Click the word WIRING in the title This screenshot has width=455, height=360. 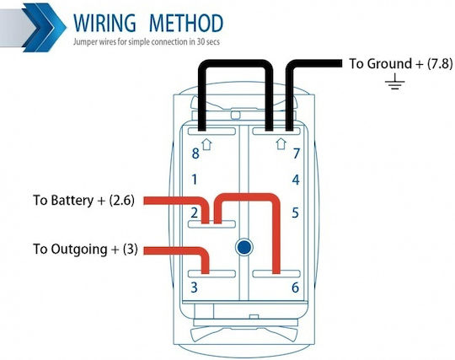click(x=104, y=23)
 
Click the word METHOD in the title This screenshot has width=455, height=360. click(x=186, y=23)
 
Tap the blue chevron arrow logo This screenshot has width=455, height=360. click(x=44, y=28)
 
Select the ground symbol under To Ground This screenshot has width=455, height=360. click(x=394, y=81)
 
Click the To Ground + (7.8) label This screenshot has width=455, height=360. click(x=401, y=63)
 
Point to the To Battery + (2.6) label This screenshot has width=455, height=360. click(x=83, y=201)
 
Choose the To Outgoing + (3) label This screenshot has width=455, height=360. click(x=85, y=250)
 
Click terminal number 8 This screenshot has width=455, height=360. click(x=195, y=153)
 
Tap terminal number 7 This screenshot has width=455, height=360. click(x=296, y=153)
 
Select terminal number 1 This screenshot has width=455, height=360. click(x=195, y=180)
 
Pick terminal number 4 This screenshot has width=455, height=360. click(x=296, y=180)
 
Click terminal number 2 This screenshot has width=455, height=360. click(x=195, y=212)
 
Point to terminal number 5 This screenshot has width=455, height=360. click(x=296, y=212)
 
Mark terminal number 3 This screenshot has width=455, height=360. click(x=194, y=287)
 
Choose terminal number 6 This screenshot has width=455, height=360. click(x=296, y=287)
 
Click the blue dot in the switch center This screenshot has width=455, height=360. click(x=244, y=247)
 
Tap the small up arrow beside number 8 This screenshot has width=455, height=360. click(x=206, y=144)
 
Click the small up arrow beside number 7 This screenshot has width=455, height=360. click(x=281, y=143)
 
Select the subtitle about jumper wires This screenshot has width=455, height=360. click(x=147, y=42)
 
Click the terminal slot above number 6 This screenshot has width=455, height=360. click(x=276, y=273)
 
